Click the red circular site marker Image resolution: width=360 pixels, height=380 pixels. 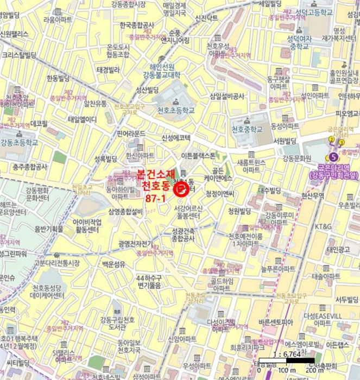point(180,189)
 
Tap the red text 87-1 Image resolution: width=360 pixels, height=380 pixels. point(156,199)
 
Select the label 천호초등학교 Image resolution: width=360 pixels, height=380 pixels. point(175,110)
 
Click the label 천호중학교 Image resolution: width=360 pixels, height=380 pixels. point(247,129)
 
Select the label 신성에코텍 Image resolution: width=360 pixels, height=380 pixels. point(175,137)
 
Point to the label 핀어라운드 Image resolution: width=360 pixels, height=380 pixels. point(131,134)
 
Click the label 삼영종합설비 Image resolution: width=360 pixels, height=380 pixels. point(125,212)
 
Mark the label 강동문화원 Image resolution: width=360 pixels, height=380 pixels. point(296,158)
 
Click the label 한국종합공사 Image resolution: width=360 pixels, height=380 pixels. point(137,25)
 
